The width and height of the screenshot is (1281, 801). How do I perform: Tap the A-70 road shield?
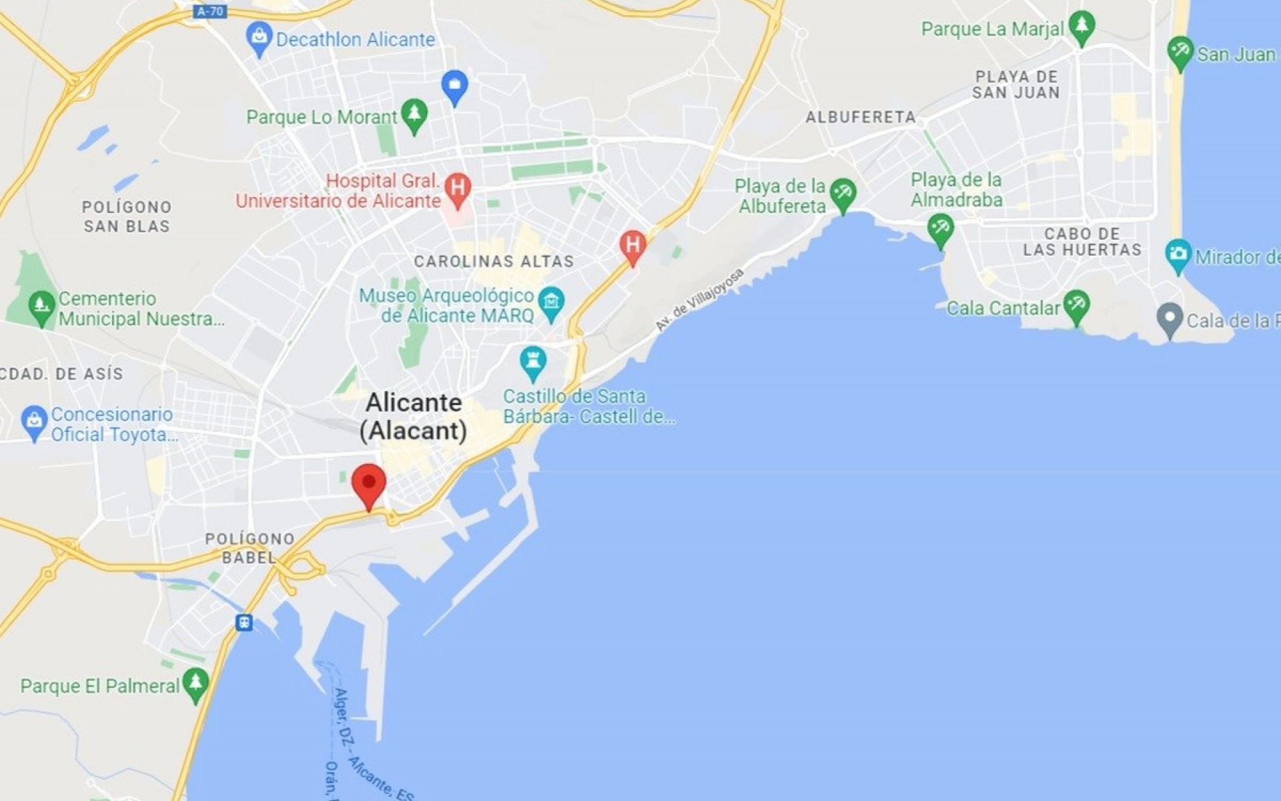pyautogui.click(x=210, y=11)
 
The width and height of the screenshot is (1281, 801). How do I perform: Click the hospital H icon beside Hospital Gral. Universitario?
pyautogui.click(x=458, y=188)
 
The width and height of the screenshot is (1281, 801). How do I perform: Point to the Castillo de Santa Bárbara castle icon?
pyautogui.click(x=532, y=362)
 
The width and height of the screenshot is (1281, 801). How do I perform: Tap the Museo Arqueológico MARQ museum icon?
pyautogui.click(x=551, y=303)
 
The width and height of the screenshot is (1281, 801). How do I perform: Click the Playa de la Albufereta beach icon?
pyautogui.click(x=843, y=194)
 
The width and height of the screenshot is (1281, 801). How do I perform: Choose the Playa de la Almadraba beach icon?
pyautogui.click(x=940, y=229)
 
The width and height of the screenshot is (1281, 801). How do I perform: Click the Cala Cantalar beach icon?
pyautogui.click(x=1076, y=305)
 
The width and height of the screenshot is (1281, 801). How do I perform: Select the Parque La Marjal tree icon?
pyautogui.click(x=1082, y=27)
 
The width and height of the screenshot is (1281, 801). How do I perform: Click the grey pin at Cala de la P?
pyautogui.click(x=1170, y=319)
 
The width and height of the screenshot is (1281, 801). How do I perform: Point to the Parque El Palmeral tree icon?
pyautogui.click(x=195, y=683)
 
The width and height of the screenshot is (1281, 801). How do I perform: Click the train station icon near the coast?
pyautogui.click(x=244, y=623)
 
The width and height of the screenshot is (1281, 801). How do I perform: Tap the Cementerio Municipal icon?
pyautogui.click(x=41, y=307)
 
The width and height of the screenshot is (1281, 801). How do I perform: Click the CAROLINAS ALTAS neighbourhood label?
pyautogui.click(x=494, y=261)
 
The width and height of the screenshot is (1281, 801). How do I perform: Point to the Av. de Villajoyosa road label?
pyautogui.click(x=699, y=300)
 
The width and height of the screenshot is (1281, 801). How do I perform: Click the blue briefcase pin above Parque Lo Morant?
pyautogui.click(x=454, y=85)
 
